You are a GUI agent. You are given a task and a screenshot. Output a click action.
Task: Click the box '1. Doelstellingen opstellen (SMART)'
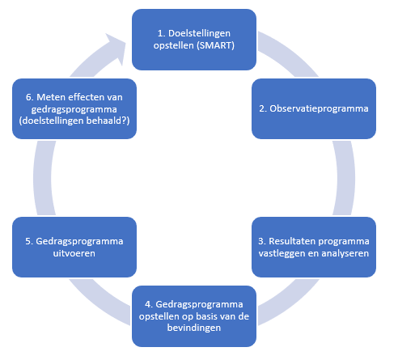194,40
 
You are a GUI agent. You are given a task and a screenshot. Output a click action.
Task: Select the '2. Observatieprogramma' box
314,108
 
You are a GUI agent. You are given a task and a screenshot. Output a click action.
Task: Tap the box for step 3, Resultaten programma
314,247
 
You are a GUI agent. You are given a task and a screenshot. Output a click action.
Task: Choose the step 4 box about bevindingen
194,316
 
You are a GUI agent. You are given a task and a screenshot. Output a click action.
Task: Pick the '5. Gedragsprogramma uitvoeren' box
74,247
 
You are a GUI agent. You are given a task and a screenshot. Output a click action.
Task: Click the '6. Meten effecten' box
74,108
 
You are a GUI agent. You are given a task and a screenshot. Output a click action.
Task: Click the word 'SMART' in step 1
215,45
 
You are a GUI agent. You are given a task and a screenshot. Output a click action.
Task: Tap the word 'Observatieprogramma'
319,108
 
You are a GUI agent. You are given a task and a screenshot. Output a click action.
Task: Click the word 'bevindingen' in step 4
194,328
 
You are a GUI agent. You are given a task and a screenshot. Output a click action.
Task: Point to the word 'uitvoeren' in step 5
74,253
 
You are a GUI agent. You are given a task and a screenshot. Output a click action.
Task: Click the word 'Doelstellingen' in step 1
199,33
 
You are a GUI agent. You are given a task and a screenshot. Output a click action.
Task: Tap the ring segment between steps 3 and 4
290,302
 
